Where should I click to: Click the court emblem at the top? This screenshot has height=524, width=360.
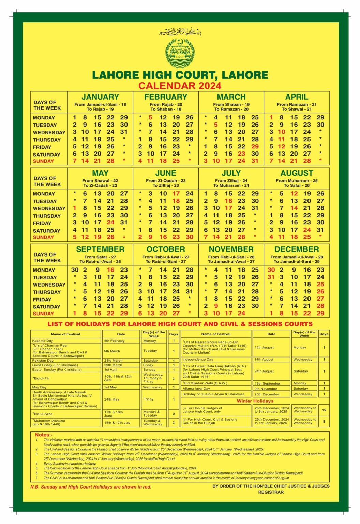point(180,53)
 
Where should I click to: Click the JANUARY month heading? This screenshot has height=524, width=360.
point(100,97)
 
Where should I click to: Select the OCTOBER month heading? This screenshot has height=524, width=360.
point(166,249)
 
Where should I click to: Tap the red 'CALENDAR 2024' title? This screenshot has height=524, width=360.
point(180,86)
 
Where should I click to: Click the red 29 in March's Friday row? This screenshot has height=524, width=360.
point(255,146)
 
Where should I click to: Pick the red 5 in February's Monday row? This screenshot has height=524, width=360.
point(150,117)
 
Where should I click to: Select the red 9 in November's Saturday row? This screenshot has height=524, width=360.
point(216,306)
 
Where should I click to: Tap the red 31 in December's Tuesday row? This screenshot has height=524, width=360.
point(271,277)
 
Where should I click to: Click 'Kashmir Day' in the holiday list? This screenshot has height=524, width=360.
point(43,341)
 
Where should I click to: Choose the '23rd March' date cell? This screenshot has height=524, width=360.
point(114,360)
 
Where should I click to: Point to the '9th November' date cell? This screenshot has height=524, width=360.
point(266,389)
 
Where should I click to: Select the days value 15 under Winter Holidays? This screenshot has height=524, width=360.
point(324,410)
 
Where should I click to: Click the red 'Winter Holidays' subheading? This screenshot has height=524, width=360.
point(255,401)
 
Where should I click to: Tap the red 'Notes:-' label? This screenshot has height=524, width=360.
point(44,435)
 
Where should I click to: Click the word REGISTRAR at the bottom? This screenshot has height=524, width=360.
point(271,492)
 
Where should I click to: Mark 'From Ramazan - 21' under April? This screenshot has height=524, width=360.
point(297,104)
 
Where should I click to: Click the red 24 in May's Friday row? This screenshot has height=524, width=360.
point(110,222)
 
